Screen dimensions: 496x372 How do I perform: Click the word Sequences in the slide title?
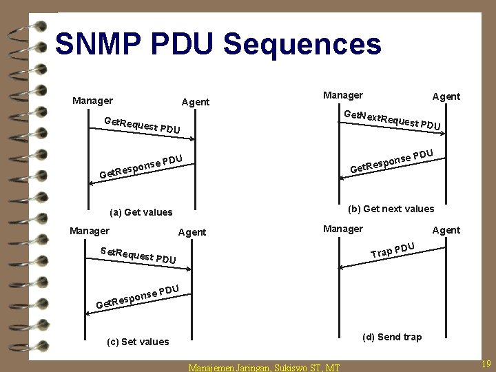302,45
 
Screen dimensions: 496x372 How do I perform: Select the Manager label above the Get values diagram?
92,101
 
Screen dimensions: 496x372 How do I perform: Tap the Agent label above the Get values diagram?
195,102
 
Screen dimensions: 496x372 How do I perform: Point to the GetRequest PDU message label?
141,125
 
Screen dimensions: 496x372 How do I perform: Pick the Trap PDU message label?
392,249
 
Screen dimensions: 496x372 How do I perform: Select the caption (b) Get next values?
391,209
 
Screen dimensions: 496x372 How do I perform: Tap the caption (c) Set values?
138,342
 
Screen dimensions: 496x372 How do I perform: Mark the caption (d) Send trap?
392,337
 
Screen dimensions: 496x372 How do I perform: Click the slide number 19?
486,363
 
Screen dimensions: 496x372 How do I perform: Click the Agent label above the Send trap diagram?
446,230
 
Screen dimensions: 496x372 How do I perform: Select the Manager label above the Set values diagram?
90,231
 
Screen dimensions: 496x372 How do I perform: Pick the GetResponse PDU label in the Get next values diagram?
391,161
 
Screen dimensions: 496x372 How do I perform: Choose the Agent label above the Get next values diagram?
446,96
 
